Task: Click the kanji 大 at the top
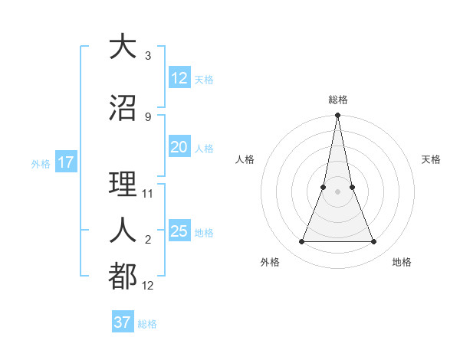(x=123, y=47)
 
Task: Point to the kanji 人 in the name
(x=123, y=229)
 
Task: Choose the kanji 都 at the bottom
(x=123, y=275)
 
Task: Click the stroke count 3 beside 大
(x=148, y=56)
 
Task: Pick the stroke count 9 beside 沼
(x=148, y=116)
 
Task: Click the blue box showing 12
(x=179, y=78)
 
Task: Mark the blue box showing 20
(x=179, y=147)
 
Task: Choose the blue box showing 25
(x=179, y=231)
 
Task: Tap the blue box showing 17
(x=65, y=162)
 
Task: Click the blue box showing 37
(x=122, y=322)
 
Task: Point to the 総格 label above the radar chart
(x=338, y=100)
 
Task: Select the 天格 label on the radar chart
(x=432, y=159)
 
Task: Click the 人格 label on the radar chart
(x=245, y=159)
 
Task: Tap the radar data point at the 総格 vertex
(x=337, y=116)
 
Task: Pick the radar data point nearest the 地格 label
(x=374, y=242)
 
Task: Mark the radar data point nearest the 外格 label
(x=301, y=242)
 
